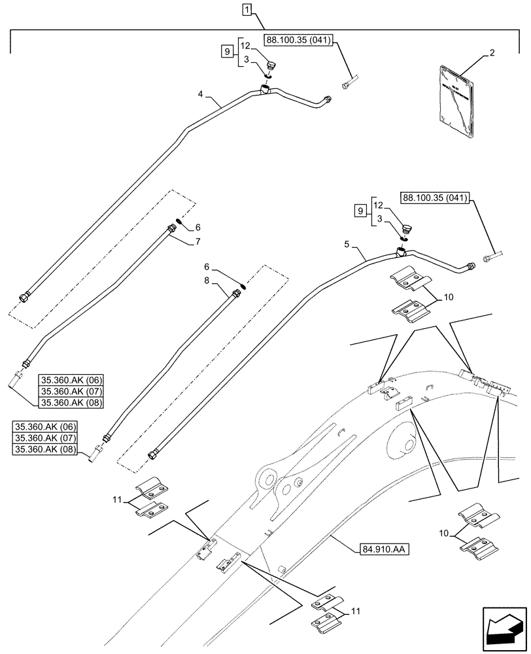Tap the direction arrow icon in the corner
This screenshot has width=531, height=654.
[504, 631]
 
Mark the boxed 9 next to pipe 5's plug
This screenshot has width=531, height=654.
[358, 210]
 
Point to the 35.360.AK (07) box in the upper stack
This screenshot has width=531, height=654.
[67, 390]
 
